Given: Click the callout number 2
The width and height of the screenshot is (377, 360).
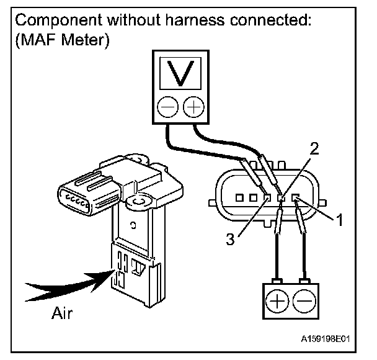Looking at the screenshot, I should coord(315,148).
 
